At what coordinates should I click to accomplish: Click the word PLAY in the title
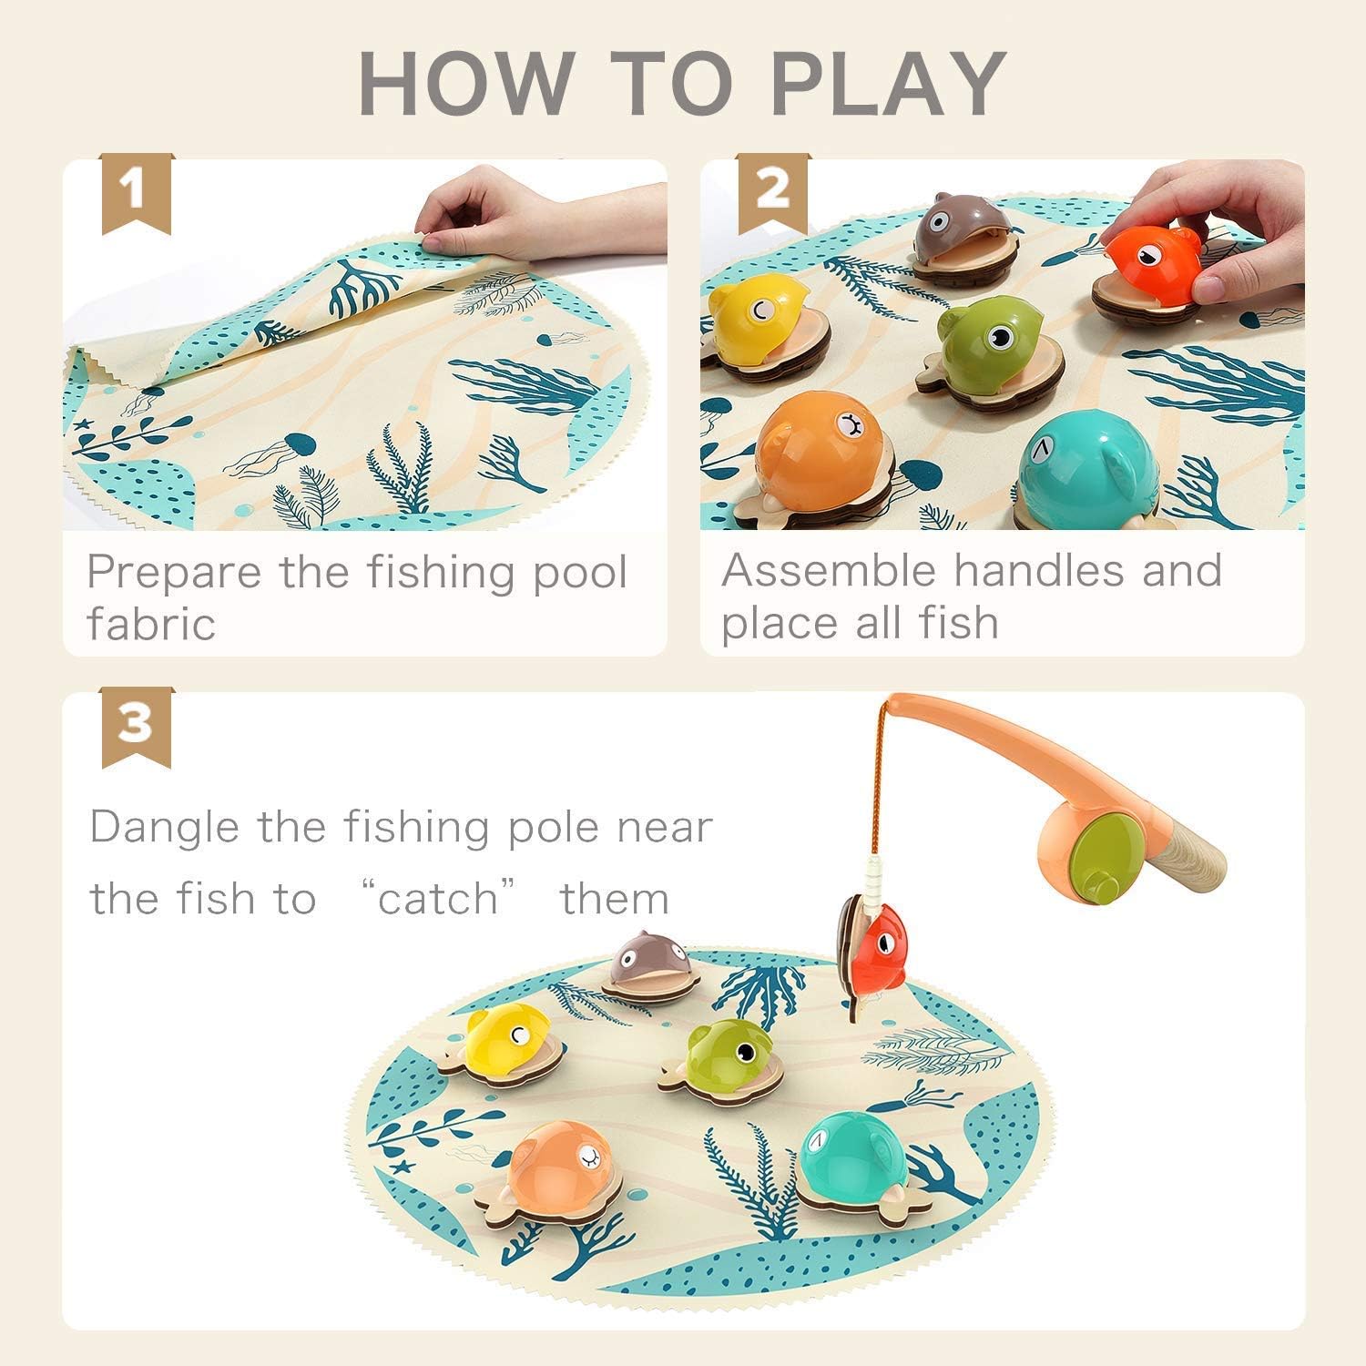click(x=888, y=84)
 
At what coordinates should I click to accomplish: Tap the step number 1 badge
click(x=136, y=192)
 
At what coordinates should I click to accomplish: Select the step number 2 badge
click(x=772, y=192)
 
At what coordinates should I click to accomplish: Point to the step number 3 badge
click(x=136, y=725)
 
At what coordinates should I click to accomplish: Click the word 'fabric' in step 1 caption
click(x=151, y=624)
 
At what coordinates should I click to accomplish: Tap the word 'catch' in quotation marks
click(x=438, y=899)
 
